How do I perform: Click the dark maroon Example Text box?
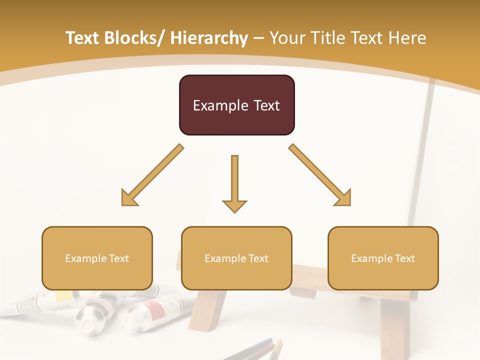pos(236,105)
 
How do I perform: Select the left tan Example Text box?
pos(97,258)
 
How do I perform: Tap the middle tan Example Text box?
pos(236,258)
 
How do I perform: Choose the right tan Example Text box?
pos(383,258)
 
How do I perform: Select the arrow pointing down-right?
pos(320,175)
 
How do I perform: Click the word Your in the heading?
pos(286,38)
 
